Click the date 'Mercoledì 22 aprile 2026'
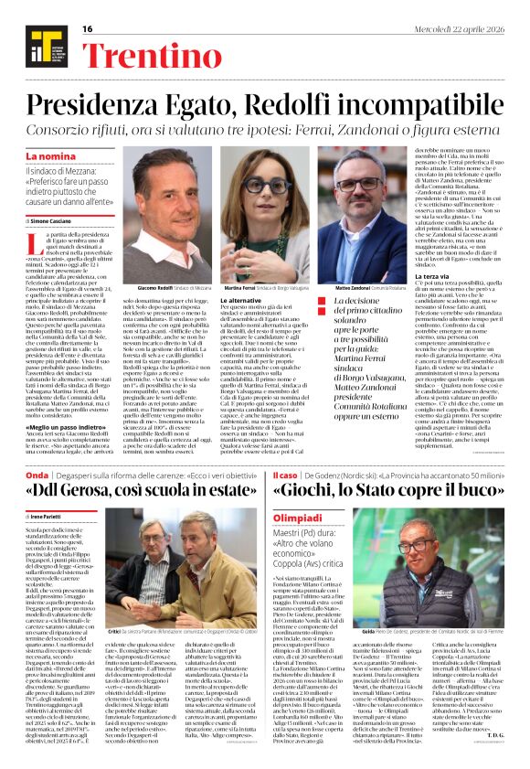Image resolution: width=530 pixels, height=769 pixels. (466, 27)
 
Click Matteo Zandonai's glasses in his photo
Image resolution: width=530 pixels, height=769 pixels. (360, 183)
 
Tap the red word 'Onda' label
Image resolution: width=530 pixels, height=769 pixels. (37, 477)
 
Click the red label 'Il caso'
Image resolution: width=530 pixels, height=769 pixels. (287, 477)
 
